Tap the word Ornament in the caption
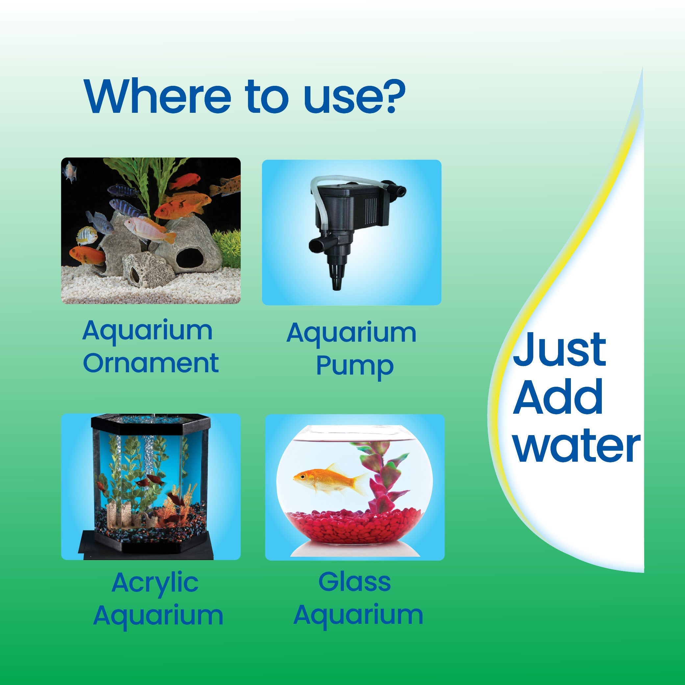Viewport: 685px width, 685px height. coord(151,363)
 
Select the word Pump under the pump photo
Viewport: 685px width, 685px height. coord(355,366)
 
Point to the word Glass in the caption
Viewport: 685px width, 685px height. coord(355,582)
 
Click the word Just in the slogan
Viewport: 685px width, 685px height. coord(559,350)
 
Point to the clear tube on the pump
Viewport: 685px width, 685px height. coord(319,199)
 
